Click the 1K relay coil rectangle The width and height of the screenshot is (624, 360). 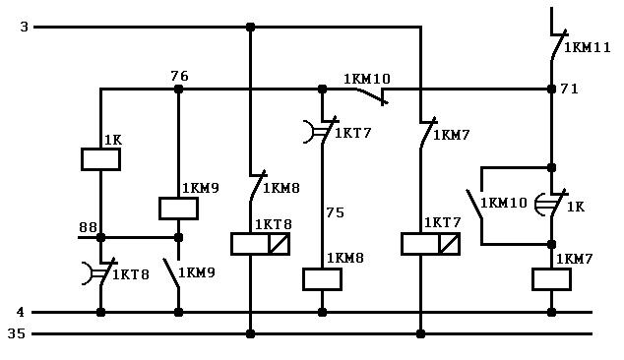click(100, 159)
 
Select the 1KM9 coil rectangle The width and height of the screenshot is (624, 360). click(178, 209)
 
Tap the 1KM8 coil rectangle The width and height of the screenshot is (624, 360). click(322, 279)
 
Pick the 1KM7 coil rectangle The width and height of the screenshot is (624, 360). click(551, 279)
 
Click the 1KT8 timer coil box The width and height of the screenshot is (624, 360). click(260, 244)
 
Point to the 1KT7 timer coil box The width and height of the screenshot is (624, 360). click(430, 244)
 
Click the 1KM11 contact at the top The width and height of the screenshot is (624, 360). click(557, 46)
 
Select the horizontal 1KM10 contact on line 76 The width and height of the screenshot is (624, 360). click(371, 95)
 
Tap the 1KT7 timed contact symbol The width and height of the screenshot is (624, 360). click(322, 131)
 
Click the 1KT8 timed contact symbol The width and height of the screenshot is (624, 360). click(100, 272)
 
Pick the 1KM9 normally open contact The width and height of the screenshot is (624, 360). click(172, 272)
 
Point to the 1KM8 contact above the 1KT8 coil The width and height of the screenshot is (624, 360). click(257, 186)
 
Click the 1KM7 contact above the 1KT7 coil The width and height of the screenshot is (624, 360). click(427, 133)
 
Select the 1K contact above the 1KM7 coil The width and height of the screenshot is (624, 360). click(551, 204)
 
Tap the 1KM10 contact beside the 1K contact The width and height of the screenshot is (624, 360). click(475, 204)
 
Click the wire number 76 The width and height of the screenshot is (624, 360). click(179, 76)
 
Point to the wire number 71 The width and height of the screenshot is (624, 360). click(569, 89)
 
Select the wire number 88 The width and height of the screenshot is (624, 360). click(88, 227)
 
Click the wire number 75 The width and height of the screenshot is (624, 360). click(335, 212)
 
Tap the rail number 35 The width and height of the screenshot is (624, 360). click(17, 333)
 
